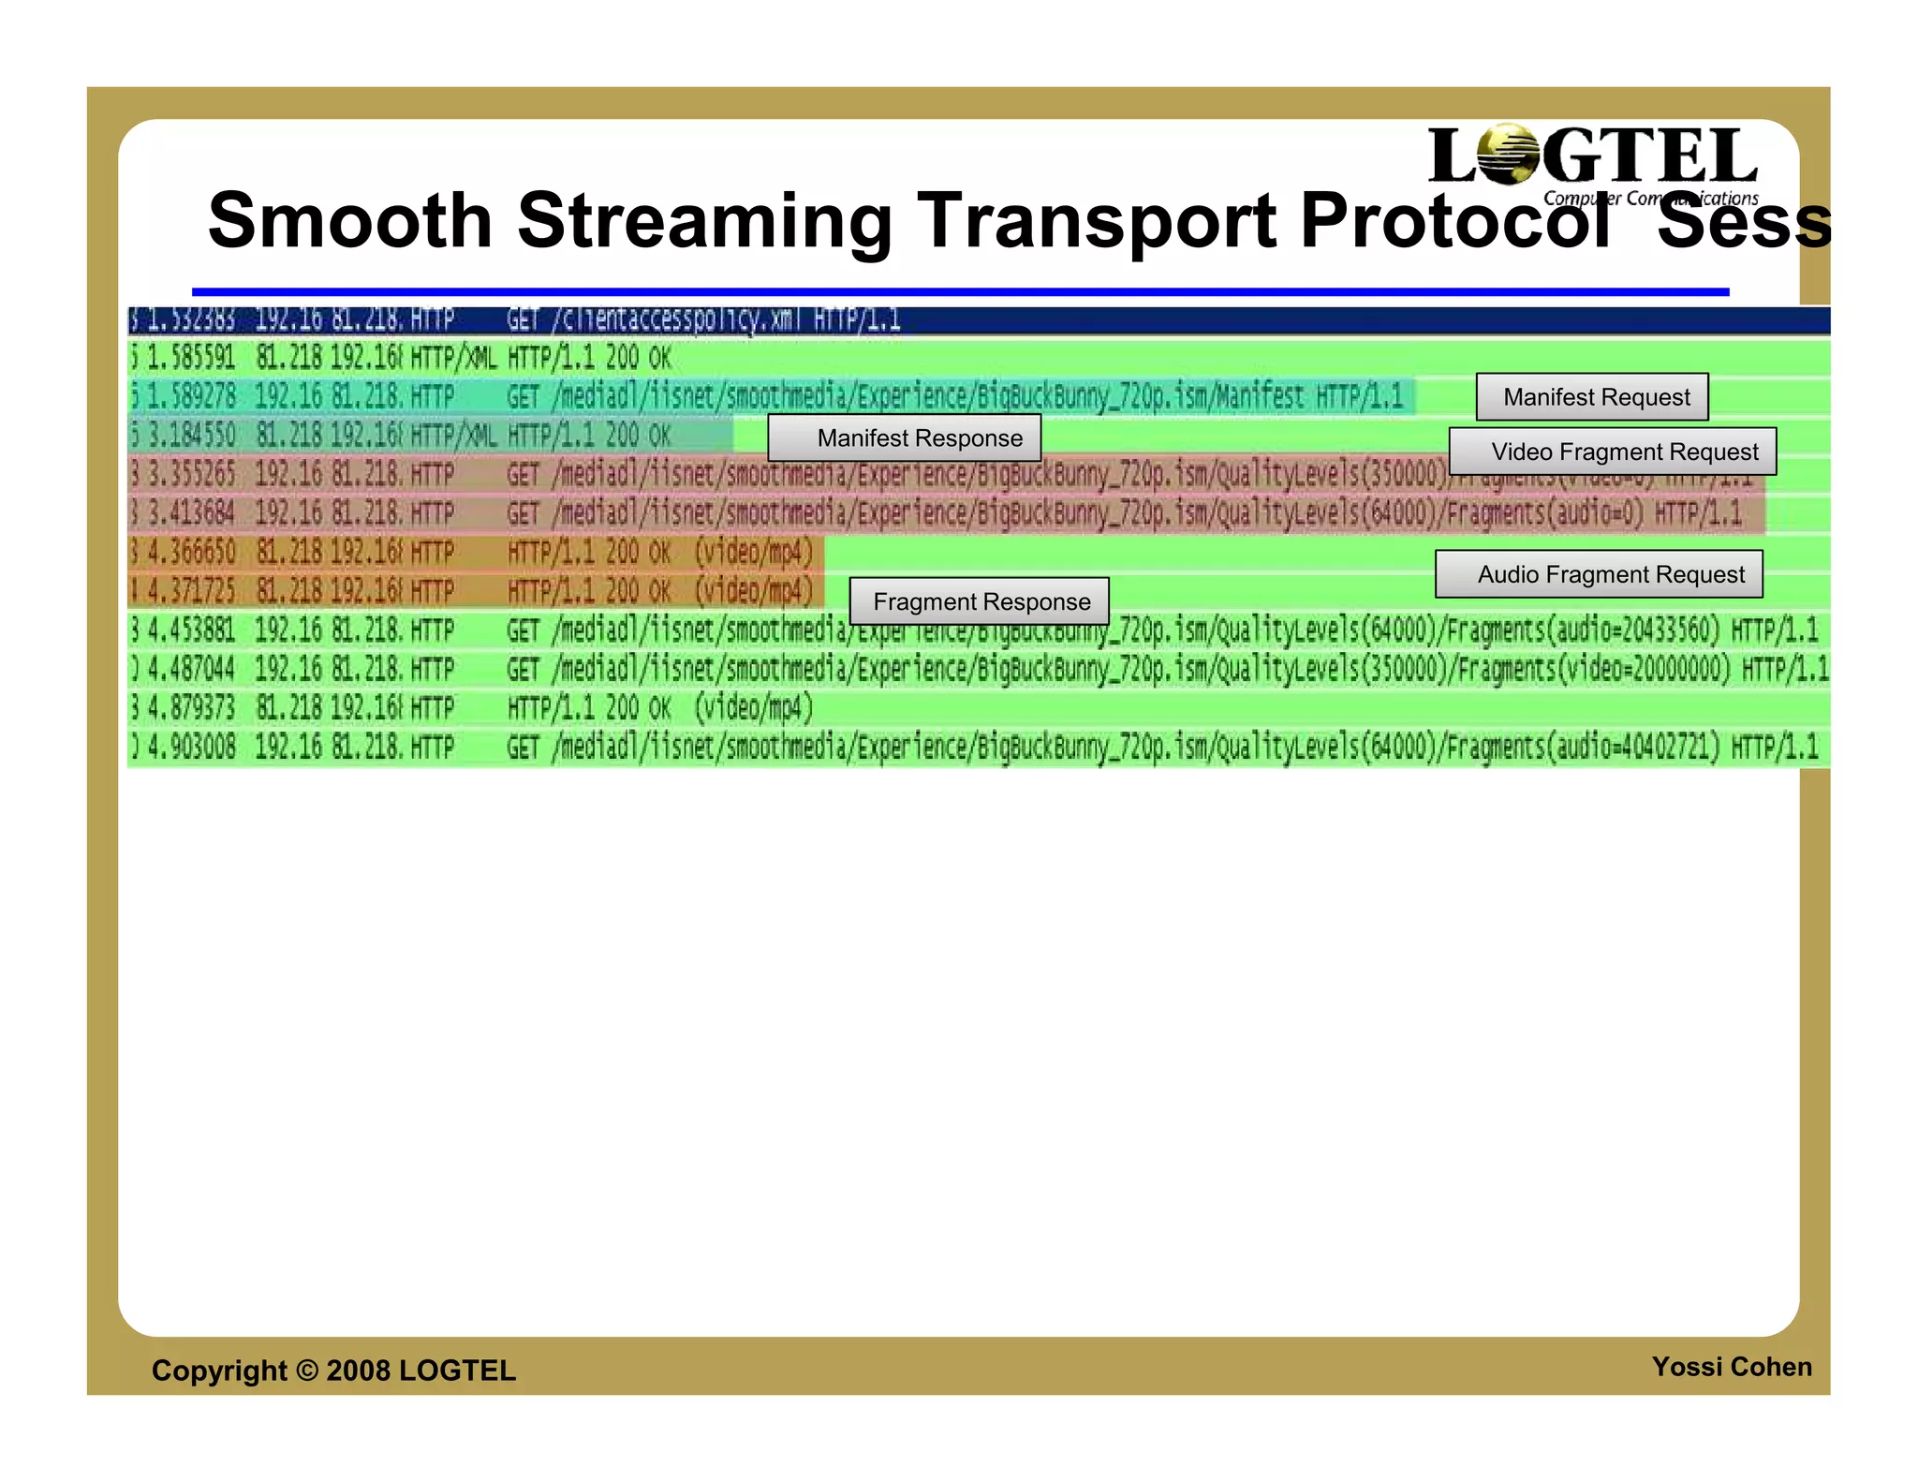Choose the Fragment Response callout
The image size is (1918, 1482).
(979, 601)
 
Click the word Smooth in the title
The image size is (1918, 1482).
(349, 221)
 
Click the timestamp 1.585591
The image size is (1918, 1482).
(191, 358)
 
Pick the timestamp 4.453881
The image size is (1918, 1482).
(191, 630)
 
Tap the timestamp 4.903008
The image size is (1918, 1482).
(191, 747)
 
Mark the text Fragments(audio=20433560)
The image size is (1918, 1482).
(1583, 630)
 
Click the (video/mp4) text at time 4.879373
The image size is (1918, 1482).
(754, 707)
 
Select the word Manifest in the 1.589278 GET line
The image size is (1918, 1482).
(1259, 396)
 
